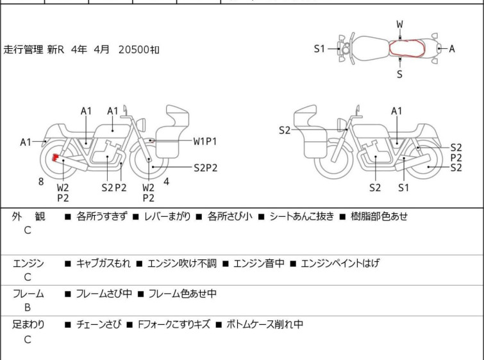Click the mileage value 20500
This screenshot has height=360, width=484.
[x=134, y=49]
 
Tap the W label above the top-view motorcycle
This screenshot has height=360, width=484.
[x=400, y=24]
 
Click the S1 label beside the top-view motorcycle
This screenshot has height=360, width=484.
[x=319, y=49]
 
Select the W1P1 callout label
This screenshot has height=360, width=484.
[x=205, y=142]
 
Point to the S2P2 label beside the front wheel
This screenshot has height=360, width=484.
[x=206, y=167]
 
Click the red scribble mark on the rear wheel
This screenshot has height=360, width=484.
[x=55, y=158]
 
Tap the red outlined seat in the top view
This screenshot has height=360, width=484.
[x=407, y=48]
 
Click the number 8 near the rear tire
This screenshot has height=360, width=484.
[x=41, y=182]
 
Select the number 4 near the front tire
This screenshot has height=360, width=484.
[x=167, y=182]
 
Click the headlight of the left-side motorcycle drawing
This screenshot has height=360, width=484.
[x=141, y=125]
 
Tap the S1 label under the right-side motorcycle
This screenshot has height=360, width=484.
[x=403, y=187]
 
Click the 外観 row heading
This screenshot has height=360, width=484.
[x=28, y=216]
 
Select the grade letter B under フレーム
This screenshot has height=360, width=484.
[x=28, y=307]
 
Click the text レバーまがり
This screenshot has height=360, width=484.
[x=167, y=216]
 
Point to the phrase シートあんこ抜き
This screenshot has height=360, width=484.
[x=302, y=216]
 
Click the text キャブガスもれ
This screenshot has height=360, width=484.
[x=103, y=263]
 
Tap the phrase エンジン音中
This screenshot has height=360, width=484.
[x=259, y=263]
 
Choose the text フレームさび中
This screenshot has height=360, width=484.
[x=104, y=293]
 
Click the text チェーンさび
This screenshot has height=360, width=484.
[x=99, y=324]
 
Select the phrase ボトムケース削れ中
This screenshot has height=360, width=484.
[x=265, y=324]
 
